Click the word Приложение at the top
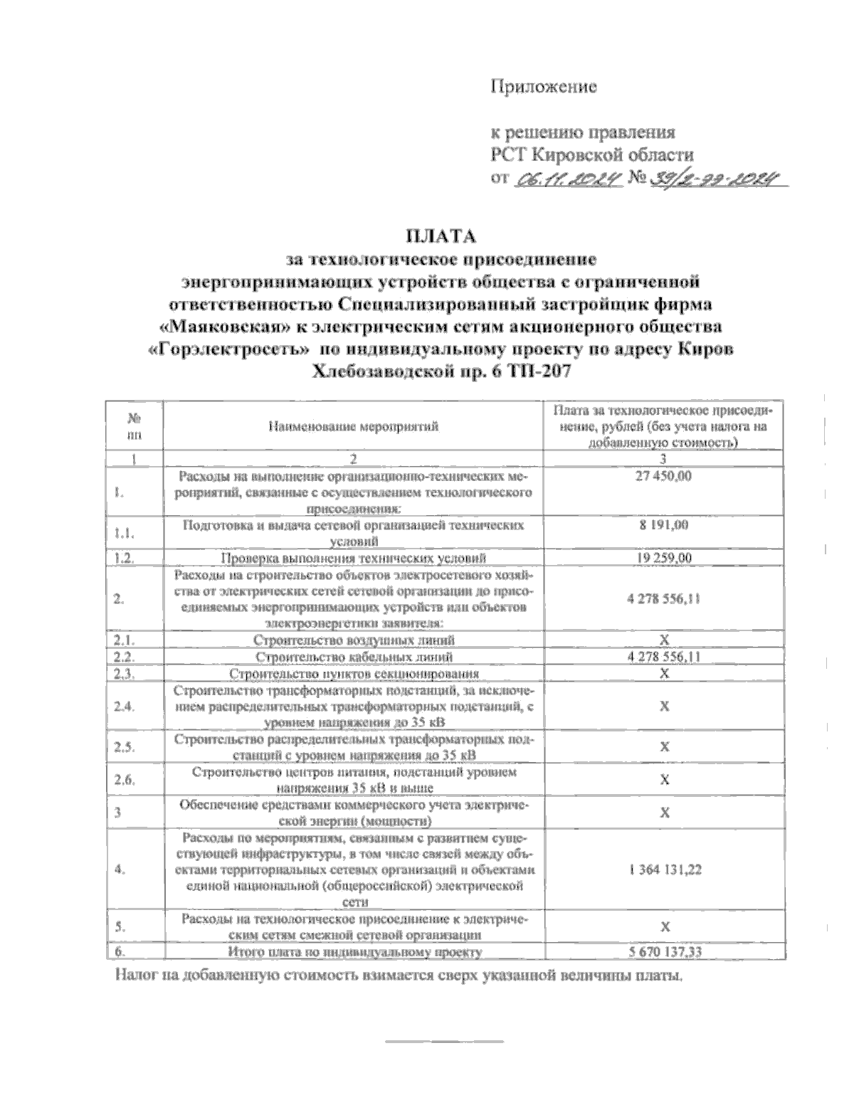coord(543,88)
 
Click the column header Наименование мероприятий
coord(354,426)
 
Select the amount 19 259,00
coord(663,558)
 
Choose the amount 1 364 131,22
coord(663,869)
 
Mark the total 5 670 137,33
coord(663,951)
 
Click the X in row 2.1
coord(663,640)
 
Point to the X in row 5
coord(663,926)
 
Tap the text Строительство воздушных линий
coord(354,640)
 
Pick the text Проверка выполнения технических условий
coord(354,558)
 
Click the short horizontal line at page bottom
coord(443,1042)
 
